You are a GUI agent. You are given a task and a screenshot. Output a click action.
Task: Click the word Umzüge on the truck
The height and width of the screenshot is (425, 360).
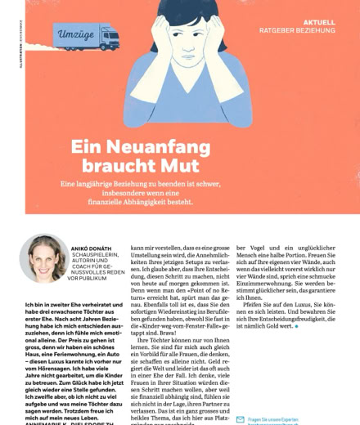[76, 35]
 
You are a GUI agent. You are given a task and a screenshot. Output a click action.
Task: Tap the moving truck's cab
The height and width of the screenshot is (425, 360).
[109, 37]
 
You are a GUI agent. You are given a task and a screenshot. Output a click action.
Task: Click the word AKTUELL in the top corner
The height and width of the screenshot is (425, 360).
[318, 22]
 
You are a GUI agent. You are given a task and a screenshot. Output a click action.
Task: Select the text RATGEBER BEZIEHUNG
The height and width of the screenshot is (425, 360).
[297, 30]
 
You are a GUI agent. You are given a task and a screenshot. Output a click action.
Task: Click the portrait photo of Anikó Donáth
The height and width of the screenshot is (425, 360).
[43, 258]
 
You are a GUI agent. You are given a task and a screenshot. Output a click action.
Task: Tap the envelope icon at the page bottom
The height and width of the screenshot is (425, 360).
[240, 419]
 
